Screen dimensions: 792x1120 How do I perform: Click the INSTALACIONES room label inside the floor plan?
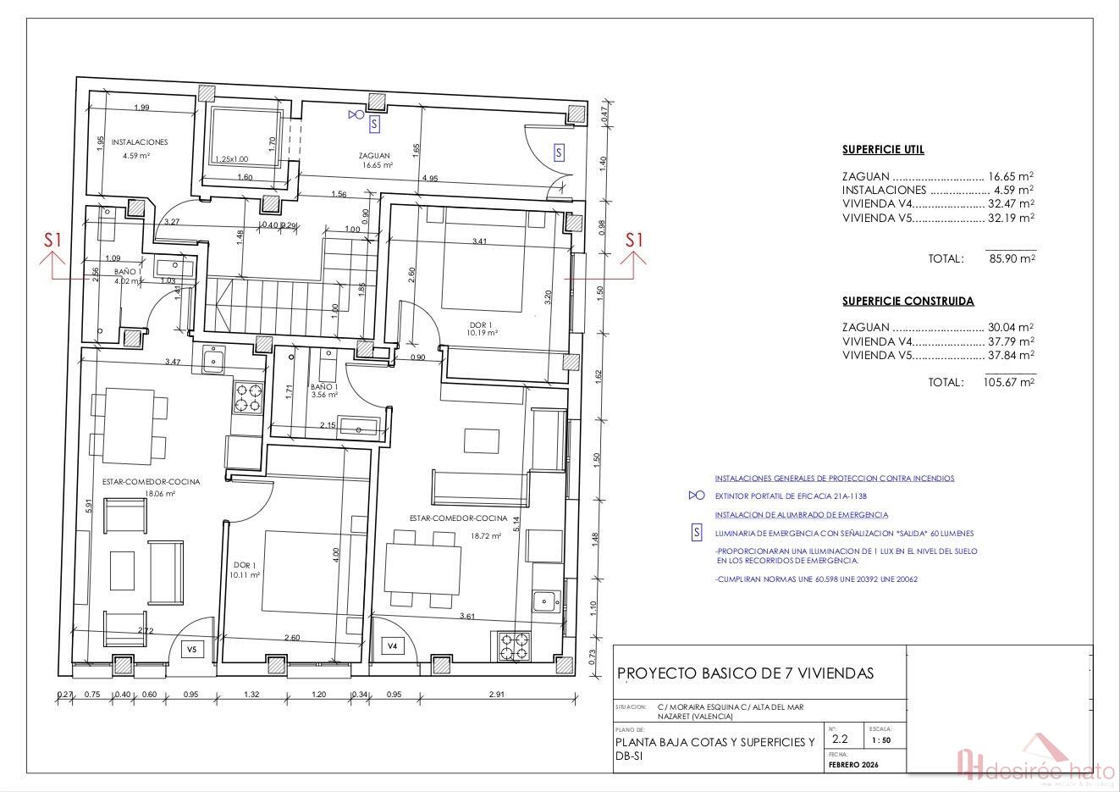[140, 142]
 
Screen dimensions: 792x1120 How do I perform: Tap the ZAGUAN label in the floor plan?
[373, 156]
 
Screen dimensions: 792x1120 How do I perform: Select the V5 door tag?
[191, 650]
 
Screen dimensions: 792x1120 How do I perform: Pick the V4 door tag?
[392, 646]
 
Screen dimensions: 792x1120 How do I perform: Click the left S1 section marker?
[53, 241]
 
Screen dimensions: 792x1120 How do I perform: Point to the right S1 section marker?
[634, 241]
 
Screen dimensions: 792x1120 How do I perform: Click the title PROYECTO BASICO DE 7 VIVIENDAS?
[745, 673]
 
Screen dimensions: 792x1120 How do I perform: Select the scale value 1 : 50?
[880, 739]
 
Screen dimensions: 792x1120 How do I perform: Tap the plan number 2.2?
[839, 739]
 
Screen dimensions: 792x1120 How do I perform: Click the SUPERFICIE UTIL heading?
[883, 150]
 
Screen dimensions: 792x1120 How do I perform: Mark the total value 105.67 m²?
[1009, 382]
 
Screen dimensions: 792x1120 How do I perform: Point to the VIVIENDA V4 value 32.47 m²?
[1011, 204]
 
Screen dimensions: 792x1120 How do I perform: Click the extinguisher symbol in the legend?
[696, 496]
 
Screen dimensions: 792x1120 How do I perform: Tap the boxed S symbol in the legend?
[697, 533]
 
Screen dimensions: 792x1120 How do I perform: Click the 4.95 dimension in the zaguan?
[429, 178]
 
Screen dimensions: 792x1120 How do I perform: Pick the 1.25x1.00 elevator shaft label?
[231, 159]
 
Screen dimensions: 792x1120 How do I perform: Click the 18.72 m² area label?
[488, 535]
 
